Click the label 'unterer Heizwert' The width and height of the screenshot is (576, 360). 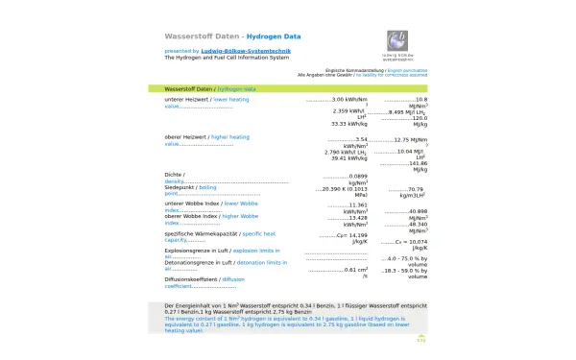[x=186, y=99]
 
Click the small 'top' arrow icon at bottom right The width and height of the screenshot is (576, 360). [x=420, y=338]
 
